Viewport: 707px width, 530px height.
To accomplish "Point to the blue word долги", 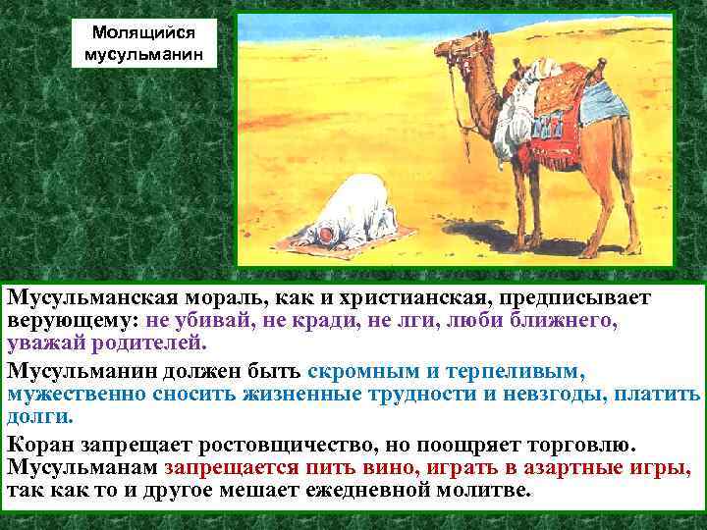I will coord(40,416).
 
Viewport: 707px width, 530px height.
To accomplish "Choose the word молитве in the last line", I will coord(470,490).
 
